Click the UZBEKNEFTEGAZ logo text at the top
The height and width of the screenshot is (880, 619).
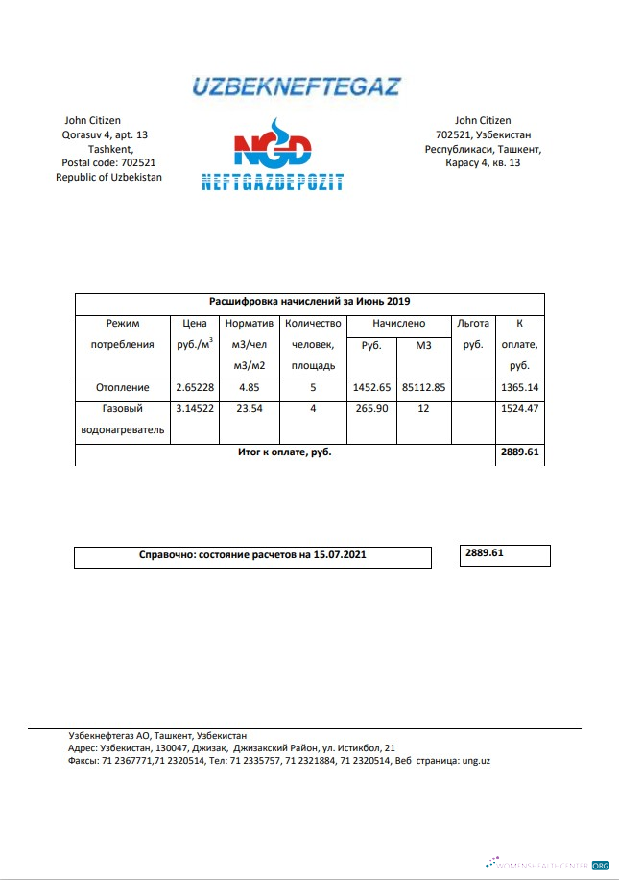click(x=296, y=86)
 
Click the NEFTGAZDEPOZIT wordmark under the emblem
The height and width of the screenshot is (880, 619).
click(x=273, y=182)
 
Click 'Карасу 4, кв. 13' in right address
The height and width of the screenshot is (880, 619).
click(x=483, y=163)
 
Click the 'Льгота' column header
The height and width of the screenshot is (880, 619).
click(x=472, y=324)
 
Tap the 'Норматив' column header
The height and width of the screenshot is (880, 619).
click(x=249, y=324)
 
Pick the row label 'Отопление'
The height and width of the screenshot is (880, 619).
click(x=123, y=388)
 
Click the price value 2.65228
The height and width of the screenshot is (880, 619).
click(x=195, y=388)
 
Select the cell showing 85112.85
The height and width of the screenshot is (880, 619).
click(x=424, y=388)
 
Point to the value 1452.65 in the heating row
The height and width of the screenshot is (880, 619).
click(x=371, y=388)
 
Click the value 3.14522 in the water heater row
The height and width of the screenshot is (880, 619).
click(x=195, y=409)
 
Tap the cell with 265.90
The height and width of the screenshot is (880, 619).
click(x=371, y=409)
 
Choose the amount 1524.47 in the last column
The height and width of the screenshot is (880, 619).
click(x=520, y=409)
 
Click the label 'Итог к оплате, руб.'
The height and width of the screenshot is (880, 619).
click(x=285, y=452)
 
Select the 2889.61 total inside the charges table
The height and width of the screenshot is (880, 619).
click(x=520, y=452)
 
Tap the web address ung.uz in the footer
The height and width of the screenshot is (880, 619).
click(x=476, y=760)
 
